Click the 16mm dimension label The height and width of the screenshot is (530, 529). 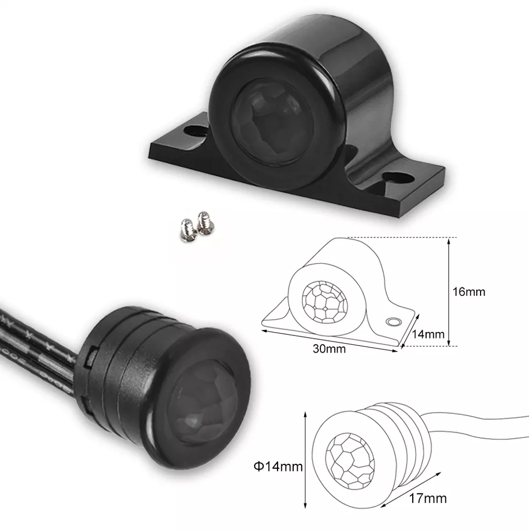(469, 292)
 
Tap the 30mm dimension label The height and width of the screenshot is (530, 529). (329, 349)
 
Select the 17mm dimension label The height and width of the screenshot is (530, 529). (428, 498)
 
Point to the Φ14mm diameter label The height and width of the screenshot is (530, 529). (278, 467)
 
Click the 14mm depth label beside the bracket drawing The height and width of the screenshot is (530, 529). (428, 334)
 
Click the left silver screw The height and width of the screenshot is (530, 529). (188, 231)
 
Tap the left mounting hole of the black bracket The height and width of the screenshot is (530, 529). (196, 131)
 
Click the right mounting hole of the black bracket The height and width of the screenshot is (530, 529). (398, 177)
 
